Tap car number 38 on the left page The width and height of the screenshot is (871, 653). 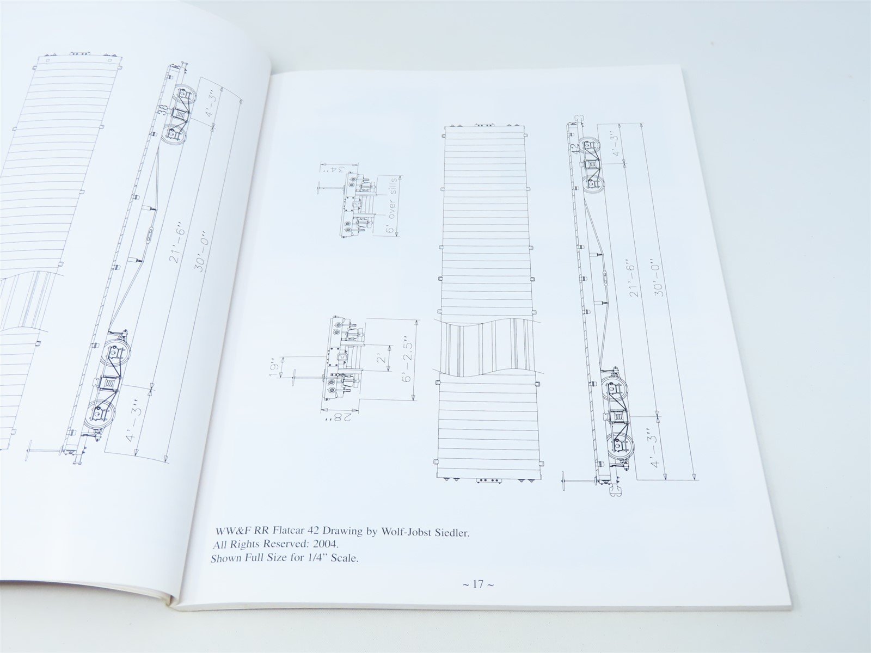click(161, 112)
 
